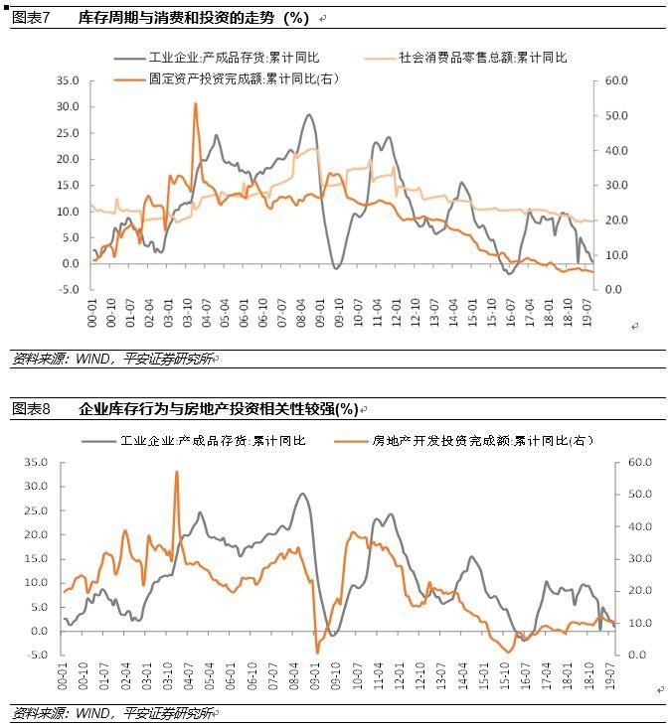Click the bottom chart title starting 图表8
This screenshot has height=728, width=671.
coord(184,408)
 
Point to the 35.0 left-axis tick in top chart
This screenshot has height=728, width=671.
coord(68,80)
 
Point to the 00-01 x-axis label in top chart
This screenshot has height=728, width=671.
coord(93,314)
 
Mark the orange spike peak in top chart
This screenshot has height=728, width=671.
coord(195,103)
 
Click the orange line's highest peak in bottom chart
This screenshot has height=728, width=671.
coord(176,472)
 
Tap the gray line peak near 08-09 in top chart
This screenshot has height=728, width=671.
coord(310,115)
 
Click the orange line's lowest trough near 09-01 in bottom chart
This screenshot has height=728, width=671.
coord(318,652)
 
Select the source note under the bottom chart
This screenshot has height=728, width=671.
coord(114,713)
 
